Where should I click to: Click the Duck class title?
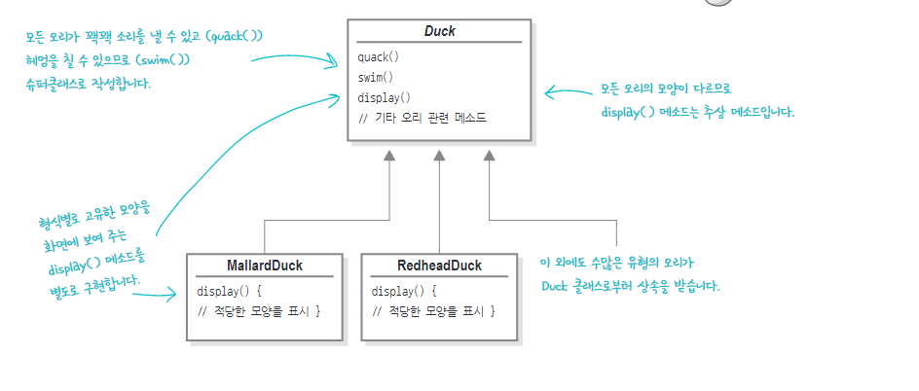click(x=440, y=31)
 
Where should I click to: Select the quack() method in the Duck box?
click(x=379, y=56)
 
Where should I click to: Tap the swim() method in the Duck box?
click(x=377, y=77)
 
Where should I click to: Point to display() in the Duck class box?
click(x=385, y=97)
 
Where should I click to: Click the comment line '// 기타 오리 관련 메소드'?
click(x=422, y=118)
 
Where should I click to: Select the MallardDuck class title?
click(x=265, y=266)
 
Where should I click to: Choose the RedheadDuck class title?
click(x=439, y=266)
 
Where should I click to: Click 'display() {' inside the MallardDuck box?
click(x=230, y=290)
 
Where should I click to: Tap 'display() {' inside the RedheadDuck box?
click(x=405, y=290)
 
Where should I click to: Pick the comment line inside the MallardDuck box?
click(x=259, y=310)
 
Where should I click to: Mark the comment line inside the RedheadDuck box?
click(x=434, y=310)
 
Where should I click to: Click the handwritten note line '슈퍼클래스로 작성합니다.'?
click(x=90, y=84)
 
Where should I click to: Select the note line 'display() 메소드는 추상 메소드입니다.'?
click(x=697, y=113)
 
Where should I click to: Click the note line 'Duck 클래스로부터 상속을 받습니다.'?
click(x=631, y=287)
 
